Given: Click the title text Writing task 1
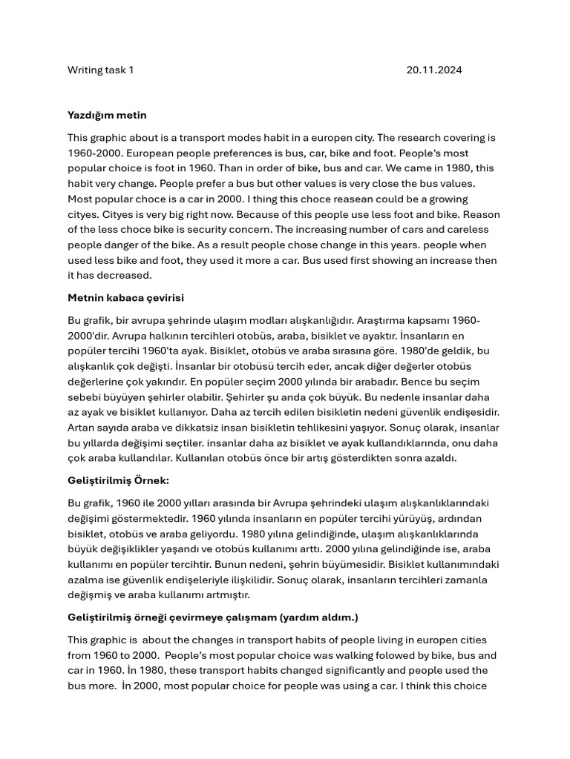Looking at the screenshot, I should coord(100,70).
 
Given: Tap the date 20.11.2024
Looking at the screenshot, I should coord(433,70).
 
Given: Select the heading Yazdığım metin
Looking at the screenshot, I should coord(107,115).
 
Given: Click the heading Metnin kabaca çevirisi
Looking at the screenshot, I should coord(125,297).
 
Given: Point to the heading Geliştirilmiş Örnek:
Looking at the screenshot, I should coord(118,480).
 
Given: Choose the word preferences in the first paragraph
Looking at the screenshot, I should coord(217,153).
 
